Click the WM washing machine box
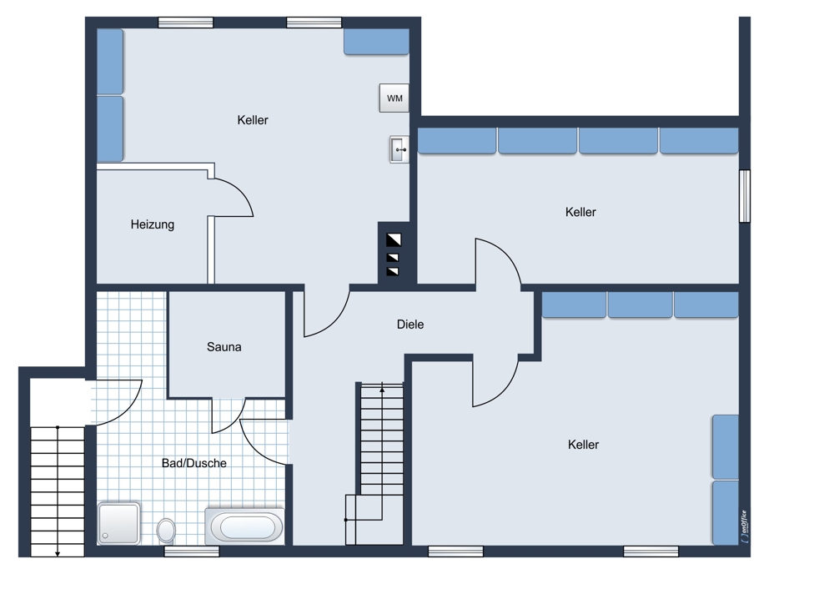coord(394,98)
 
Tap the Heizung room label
coord(153,224)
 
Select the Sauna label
coord(224,347)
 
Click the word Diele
coord(410,324)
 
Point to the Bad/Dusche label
coord(194,463)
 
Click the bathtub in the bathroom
coord(244,526)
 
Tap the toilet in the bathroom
coord(167,531)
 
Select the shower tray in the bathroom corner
coord(119,524)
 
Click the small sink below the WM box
coord(399,149)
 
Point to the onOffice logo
coord(745,526)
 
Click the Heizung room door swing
coord(233,198)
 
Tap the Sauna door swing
coord(229,415)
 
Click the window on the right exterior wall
coord(745,196)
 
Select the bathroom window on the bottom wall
coord(192,551)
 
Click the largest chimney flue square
coord(394,240)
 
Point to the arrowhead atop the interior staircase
coord(382,390)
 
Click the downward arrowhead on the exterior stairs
coord(58,554)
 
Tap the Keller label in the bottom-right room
coord(584,445)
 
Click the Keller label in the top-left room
coord(253,119)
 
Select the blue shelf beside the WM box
coord(377,42)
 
